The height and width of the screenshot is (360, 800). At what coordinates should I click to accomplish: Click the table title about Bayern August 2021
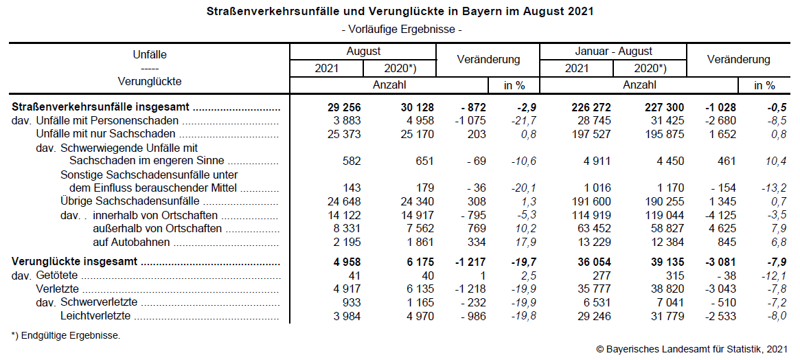coord(400,12)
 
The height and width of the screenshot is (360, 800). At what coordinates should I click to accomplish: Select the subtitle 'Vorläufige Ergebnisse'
coord(400,30)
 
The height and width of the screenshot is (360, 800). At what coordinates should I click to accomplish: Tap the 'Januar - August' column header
coord(613,52)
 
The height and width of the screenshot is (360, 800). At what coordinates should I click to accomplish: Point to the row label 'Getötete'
coord(57,275)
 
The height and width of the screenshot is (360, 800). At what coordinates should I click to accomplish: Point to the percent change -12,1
coord(770,275)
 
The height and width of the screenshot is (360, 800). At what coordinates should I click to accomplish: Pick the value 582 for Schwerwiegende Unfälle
coord(351,161)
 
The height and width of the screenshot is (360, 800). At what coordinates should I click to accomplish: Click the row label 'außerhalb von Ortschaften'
coord(157,228)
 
